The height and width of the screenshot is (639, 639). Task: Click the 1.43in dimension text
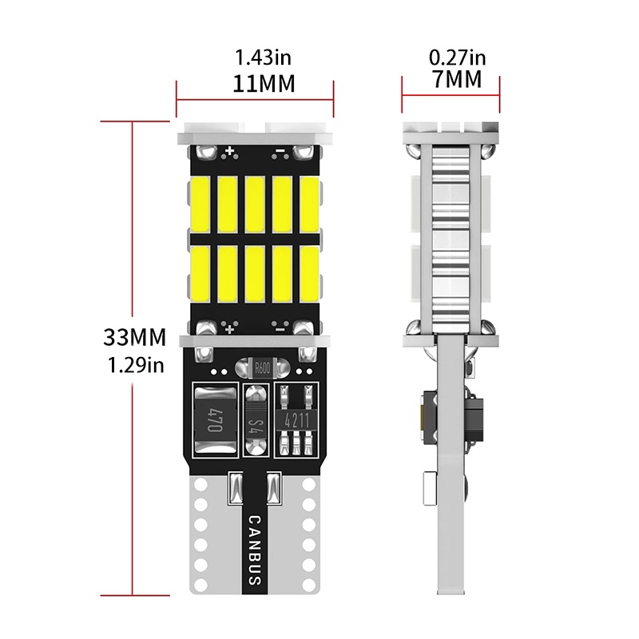click(255, 58)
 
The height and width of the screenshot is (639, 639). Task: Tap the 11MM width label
click(255, 83)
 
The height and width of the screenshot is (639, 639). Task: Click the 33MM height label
click(135, 337)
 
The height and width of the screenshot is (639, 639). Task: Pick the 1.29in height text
click(135, 366)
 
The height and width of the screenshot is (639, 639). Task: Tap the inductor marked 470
click(214, 420)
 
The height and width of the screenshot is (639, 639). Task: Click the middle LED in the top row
click(255, 201)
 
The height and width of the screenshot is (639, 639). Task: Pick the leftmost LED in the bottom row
click(200, 272)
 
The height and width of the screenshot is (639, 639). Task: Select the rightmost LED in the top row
click(309, 201)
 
